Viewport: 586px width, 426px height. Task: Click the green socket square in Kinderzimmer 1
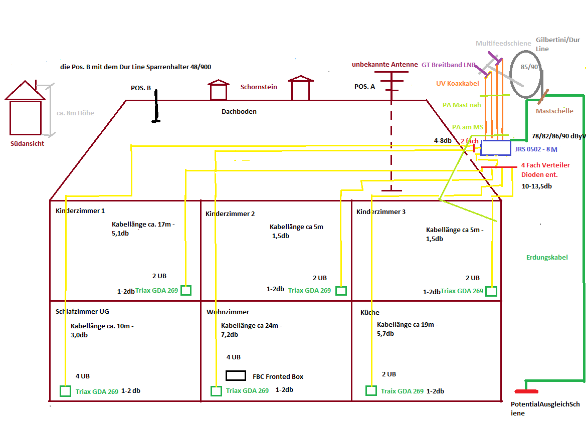point(186,290)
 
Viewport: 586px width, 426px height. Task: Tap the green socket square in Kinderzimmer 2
point(341,291)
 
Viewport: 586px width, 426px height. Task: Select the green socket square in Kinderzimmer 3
point(491,291)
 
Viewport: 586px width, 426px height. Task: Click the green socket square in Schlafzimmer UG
point(65,391)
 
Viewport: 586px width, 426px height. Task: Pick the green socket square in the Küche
point(371,390)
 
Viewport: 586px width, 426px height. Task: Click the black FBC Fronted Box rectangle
point(236,375)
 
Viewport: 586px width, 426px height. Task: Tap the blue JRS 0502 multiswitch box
point(495,148)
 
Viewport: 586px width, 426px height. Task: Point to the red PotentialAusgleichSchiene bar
point(526,391)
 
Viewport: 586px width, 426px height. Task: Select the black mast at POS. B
point(156,107)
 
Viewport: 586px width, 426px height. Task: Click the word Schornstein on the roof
point(259,87)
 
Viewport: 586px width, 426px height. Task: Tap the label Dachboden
point(239,111)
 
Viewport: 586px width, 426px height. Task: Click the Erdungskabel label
point(547,257)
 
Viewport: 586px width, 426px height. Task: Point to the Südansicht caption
point(28,143)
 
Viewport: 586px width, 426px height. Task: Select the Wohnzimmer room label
point(228,312)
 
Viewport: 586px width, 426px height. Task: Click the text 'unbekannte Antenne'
point(384,64)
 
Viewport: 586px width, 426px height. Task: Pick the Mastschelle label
point(554,111)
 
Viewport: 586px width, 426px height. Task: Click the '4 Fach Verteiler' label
point(545,165)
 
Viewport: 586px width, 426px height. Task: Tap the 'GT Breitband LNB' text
point(448,64)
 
